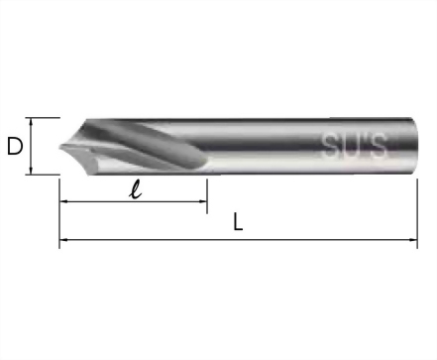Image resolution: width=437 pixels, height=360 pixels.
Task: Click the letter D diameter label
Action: pyautogui.click(x=15, y=147)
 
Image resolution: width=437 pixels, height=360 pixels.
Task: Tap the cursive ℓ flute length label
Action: pyautogui.click(x=136, y=190)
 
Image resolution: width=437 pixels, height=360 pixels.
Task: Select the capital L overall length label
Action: pyautogui.click(x=238, y=221)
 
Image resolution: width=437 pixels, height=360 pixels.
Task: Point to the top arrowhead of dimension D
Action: pyautogui.click(x=31, y=121)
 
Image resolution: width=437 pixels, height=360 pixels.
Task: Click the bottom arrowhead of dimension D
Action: pyautogui.click(x=31, y=171)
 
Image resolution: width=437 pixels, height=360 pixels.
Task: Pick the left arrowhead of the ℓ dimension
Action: pyautogui.click(x=63, y=201)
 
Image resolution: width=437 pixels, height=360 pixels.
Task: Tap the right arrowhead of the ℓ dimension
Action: pyautogui.click(x=203, y=201)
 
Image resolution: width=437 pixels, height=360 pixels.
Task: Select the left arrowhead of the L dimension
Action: pyautogui.click(x=63, y=239)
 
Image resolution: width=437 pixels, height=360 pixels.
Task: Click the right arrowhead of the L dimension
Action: pyautogui.click(x=413, y=239)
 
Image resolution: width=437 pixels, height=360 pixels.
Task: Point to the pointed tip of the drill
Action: pyautogui.click(x=59, y=148)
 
